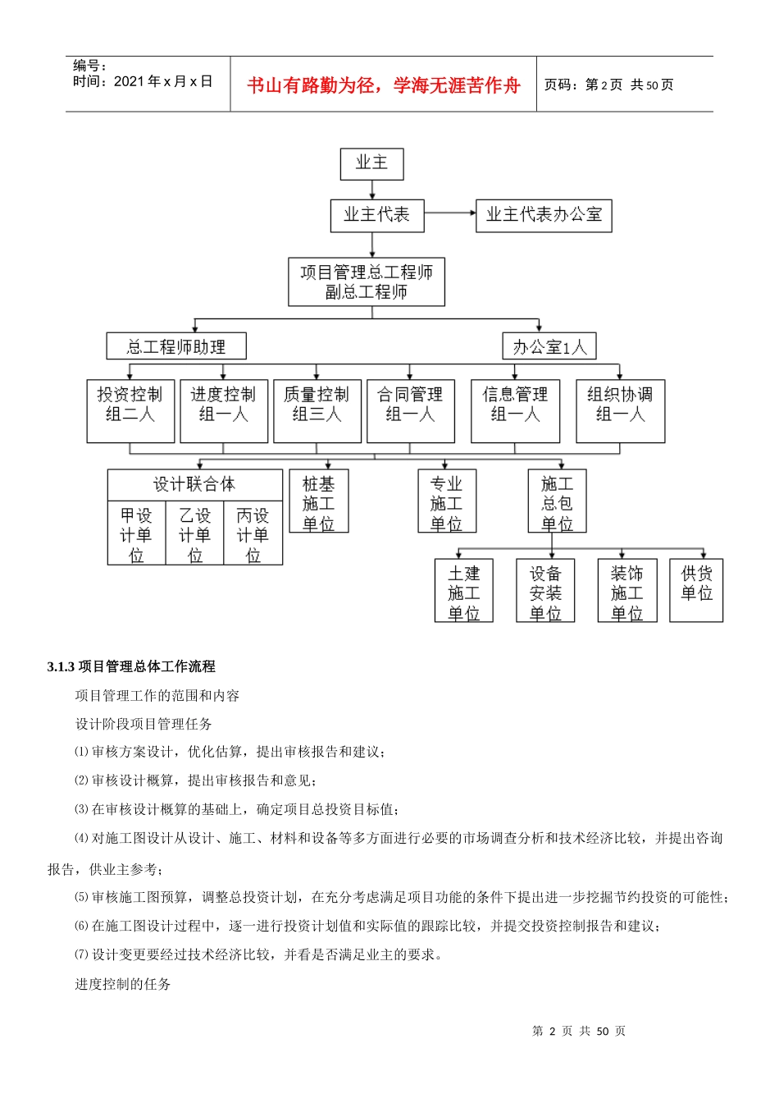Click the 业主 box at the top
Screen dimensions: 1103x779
tap(371, 163)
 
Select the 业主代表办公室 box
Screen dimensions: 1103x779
tap(544, 215)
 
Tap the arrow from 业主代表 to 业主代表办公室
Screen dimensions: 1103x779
tap(449, 213)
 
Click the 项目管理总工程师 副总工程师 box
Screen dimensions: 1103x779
tap(367, 282)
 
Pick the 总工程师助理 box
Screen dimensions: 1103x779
tap(176, 346)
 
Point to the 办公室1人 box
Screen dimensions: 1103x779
tap(549, 346)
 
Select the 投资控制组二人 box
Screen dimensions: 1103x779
tap(130, 411)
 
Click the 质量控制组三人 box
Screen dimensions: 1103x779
tap(317, 411)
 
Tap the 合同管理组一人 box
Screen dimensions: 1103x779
tap(410, 411)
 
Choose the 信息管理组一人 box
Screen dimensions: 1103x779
tap(515, 411)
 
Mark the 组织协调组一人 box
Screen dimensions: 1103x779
tap(620, 411)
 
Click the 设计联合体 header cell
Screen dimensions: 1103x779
tap(194, 484)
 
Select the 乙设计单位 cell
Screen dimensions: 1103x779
tap(194, 533)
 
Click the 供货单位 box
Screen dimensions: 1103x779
tap(696, 590)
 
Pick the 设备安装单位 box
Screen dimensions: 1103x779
tap(545, 591)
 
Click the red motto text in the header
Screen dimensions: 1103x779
tap(383, 85)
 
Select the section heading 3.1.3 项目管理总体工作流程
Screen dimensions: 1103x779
tap(131, 666)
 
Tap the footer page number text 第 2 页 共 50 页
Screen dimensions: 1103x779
tap(579, 1031)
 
